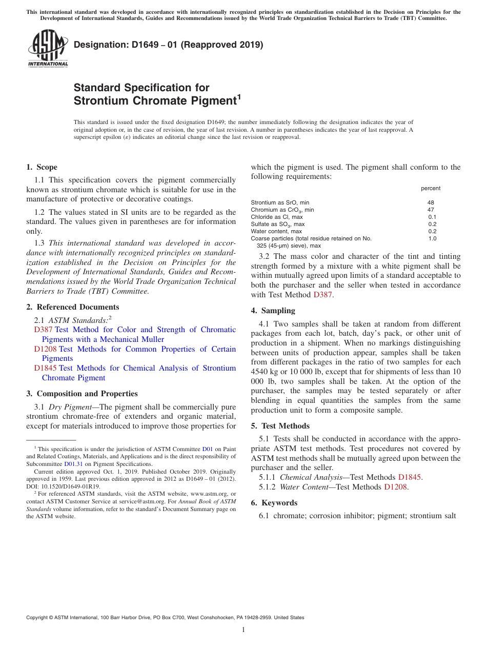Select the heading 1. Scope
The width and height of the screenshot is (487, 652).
[42, 167]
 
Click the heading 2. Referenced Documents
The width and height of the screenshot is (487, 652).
[72, 307]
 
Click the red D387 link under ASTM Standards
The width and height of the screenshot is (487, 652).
[43, 330]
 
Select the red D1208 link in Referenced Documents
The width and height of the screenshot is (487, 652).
[45, 349]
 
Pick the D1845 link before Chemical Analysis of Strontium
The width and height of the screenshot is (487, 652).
[45, 368]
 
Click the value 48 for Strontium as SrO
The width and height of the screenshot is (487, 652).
[431, 202]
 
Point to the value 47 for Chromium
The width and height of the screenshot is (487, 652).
[431, 210]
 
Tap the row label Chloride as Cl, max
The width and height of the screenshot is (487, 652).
[277, 217]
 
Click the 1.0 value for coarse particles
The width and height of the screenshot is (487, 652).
[432, 238]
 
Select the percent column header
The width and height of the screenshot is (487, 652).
[431, 188]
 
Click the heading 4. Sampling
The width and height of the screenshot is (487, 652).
[273, 311]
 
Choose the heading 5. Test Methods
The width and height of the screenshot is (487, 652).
[280, 426]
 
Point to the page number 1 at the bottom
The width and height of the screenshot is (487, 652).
[243, 630]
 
